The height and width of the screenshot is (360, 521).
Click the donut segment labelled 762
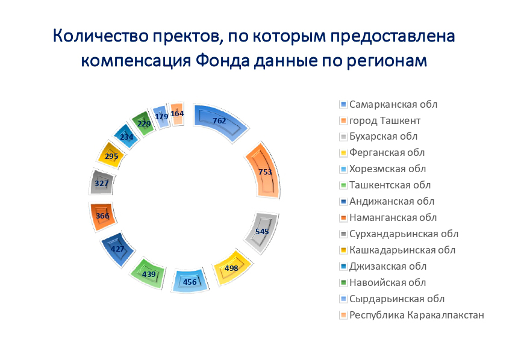tap(219, 122)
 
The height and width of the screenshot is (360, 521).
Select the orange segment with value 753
tap(263, 171)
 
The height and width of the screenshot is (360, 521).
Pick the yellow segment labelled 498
tap(232, 267)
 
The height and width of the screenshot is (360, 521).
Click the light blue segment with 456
tap(190, 281)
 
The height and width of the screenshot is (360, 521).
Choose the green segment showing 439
tap(148, 273)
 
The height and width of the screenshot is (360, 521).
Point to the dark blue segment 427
tap(117, 249)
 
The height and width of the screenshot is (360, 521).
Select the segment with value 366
tap(102, 216)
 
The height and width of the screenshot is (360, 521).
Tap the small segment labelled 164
tap(177, 114)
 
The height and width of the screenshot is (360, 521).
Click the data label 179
tap(161, 117)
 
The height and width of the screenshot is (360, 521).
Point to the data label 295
tap(111, 156)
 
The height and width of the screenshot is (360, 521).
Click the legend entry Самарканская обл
tap(388, 104)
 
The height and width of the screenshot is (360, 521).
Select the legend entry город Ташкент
tap(380, 120)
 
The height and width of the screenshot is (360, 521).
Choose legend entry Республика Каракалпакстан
tap(412, 315)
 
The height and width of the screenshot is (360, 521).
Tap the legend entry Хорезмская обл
tap(383, 169)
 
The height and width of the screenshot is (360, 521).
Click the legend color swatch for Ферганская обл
tap(343, 153)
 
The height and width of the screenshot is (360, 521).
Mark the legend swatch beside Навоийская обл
tap(343, 283)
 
